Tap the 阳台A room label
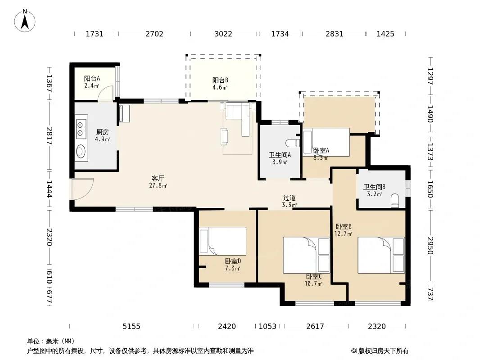point(92,79)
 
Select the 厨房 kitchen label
point(102,132)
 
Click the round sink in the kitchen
point(81,151)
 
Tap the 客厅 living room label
point(158,178)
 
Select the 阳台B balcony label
point(220,81)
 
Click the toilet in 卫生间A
point(293,143)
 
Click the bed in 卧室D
point(222,241)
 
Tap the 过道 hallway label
point(289,198)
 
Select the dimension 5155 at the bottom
point(131,326)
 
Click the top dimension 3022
point(223,34)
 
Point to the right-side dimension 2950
point(430,246)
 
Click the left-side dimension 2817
point(49,136)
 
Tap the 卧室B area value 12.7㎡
point(343,234)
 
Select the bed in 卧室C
point(307,255)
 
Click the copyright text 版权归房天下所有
point(383,351)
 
